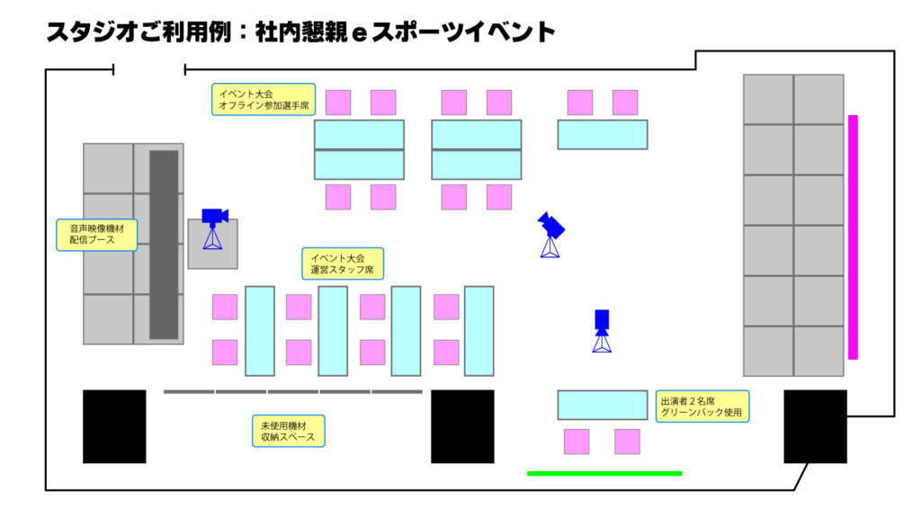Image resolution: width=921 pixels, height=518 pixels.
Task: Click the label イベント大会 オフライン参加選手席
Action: click(x=264, y=99)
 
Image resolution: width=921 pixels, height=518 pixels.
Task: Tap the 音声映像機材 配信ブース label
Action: click(x=97, y=235)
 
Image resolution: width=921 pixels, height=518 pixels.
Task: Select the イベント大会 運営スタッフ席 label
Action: click(x=343, y=263)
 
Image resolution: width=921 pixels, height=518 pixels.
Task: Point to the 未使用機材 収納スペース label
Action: click(x=289, y=431)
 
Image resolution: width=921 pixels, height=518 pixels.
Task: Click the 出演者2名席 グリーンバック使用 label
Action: click(x=702, y=406)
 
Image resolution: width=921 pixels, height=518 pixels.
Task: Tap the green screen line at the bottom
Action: click(x=604, y=473)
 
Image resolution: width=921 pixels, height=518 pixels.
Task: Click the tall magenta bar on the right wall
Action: click(x=853, y=237)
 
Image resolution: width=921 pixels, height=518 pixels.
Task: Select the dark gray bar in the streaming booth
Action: click(x=164, y=245)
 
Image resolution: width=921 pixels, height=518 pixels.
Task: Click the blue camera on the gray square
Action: click(x=214, y=228)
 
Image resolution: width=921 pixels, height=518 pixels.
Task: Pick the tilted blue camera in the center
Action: click(x=550, y=234)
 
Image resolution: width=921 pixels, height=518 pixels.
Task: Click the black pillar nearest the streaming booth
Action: click(x=114, y=426)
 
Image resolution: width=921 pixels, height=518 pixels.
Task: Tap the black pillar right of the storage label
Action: click(x=462, y=426)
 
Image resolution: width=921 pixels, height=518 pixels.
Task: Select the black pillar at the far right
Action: click(x=815, y=426)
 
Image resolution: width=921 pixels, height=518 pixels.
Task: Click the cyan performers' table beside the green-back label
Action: click(x=603, y=405)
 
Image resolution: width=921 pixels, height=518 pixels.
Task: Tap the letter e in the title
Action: click(x=359, y=33)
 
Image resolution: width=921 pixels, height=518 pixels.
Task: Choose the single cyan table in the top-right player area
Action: click(x=603, y=135)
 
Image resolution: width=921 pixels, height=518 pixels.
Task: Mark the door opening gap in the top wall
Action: click(x=149, y=70)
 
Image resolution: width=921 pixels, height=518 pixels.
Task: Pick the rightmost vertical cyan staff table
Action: click(x=479, y=331)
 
